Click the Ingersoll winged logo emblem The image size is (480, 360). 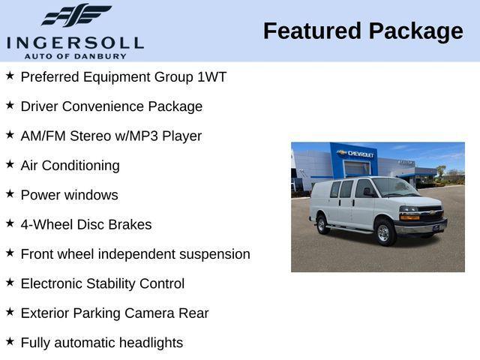pyautogui.click(x=75, y=15)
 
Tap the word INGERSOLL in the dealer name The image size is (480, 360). pyautogui.click(x=75, y=42)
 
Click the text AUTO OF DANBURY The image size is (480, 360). pyautogui.click(x=75, y=55)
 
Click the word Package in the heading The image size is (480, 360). pyautogui.click(x=415, y=31)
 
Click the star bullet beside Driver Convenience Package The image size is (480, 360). pyautogui.click(x=10, y=105)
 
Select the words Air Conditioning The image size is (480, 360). pyautogui.click(x=70, y=166)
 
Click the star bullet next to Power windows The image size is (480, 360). pyautogui.click(x=10, y=193)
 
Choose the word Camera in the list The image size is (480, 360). pyautogui.click(x=152, y=313)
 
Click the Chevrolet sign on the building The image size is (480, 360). pyautogui.click(x=358, y=154)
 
